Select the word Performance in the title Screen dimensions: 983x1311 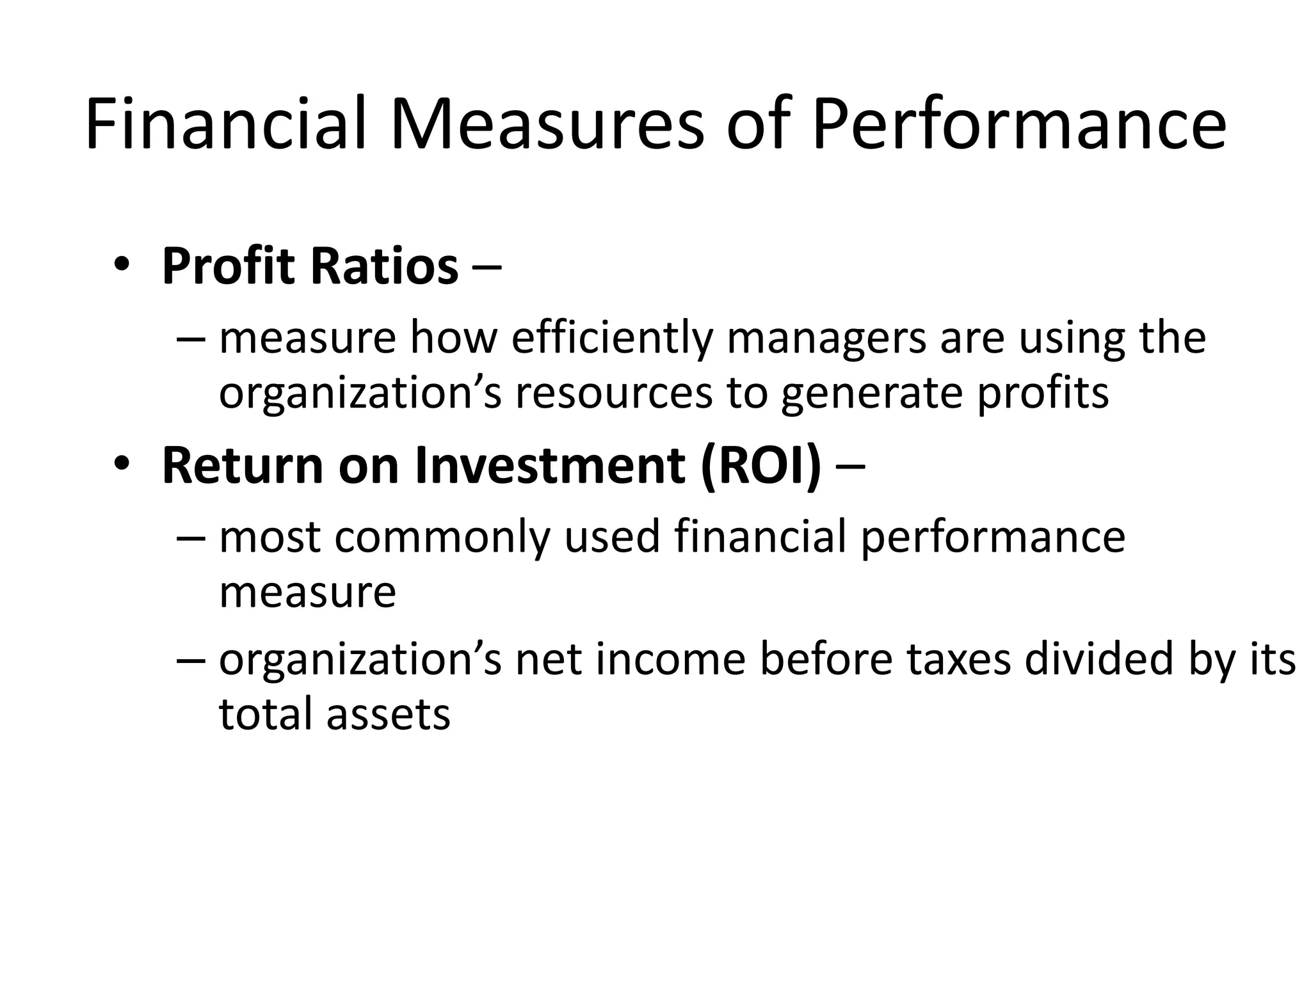point(1018,124)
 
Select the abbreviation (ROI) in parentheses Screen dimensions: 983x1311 point(760,466)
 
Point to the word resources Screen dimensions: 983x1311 point(613,392)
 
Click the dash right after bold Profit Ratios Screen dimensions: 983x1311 point(488,268)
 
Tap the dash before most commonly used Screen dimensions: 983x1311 point(191,538)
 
